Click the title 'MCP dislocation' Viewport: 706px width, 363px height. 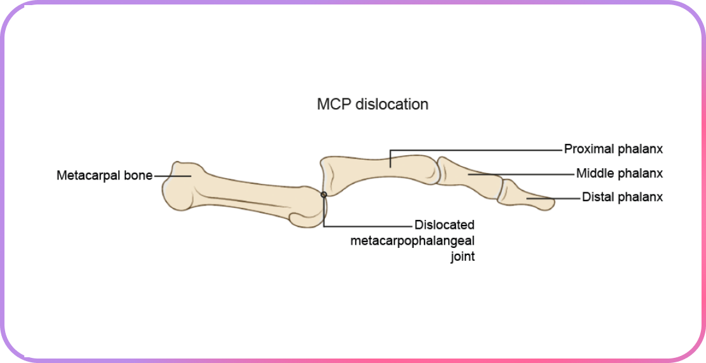pos(372,104)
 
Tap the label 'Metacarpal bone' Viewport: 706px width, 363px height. pos(104,175)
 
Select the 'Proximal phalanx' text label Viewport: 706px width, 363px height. pos(613,149)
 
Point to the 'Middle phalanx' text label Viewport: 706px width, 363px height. pos(619,173)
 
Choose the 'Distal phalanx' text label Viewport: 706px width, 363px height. pos(622,197)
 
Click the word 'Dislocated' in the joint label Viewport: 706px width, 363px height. pos(444,225)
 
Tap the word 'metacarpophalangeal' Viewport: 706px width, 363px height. pos(412,241)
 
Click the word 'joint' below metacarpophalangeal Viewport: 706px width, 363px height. pos(462,257)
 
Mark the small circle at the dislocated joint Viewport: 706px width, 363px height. pos(324,194)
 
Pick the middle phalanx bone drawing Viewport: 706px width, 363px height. pos(470,179)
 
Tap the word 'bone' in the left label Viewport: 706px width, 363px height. pos(139,175)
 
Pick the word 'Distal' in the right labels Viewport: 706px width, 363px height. pos(598,197)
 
